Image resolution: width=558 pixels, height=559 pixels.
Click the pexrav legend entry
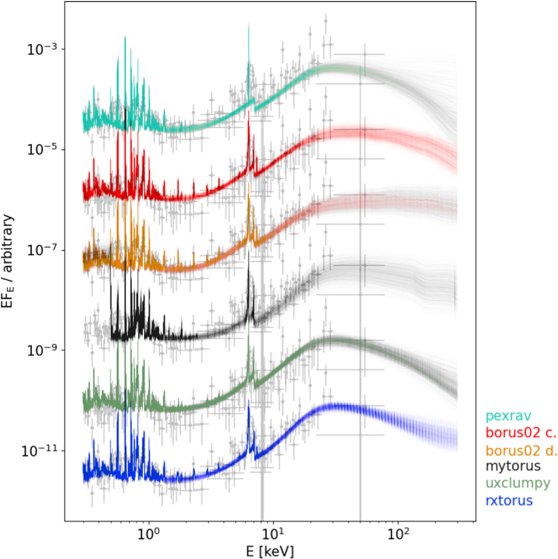(508, 415)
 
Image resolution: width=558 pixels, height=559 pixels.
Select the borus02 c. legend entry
(521, 432)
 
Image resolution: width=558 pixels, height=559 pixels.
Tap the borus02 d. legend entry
(521, 450)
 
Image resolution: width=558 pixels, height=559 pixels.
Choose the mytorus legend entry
(513, 466)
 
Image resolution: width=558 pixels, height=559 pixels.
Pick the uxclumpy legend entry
(517, 483)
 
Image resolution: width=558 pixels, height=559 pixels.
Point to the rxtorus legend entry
(509, 501)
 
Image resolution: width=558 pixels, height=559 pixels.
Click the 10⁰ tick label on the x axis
(148, 534)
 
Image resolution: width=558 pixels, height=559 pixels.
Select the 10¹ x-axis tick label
(273, 534)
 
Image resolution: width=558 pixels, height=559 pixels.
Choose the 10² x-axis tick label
(398, 534)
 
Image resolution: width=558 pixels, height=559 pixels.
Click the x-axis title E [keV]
(270, 551)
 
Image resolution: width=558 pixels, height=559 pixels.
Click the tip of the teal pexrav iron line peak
(249, 25)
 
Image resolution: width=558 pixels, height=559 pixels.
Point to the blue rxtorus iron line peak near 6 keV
(249, 401)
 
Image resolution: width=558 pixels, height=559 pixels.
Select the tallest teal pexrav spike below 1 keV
(125, 37)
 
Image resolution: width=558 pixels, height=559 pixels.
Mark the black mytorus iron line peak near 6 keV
(249, 252)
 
